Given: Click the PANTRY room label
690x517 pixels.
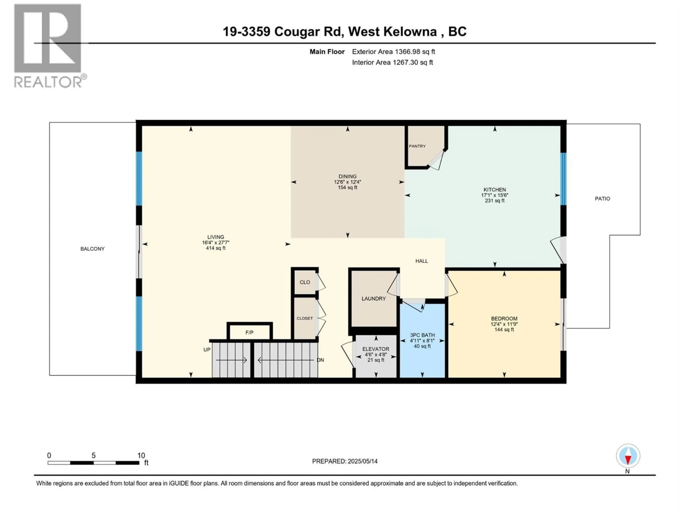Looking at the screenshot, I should pos(417,146).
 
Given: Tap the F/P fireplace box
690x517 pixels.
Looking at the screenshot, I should pos(249,332).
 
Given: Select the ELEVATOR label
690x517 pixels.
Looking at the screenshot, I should pos(376,349).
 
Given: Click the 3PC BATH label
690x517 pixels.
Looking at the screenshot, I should pos(422,335).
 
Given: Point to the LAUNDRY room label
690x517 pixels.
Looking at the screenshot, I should pos(373,299).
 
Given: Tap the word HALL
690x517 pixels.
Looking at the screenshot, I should pos(421,261).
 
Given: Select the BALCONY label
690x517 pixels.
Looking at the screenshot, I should pos(92,249).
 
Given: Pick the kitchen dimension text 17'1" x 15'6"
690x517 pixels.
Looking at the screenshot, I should pos(494,195).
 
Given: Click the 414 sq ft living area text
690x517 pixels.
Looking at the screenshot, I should pos(216,248).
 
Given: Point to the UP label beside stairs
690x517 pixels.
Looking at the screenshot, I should pos(207,350).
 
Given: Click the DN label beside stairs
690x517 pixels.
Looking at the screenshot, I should pos(320,360).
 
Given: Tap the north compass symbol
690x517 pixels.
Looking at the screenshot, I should pos(628,456).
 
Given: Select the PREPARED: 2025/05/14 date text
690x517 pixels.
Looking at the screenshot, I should pos(345,461).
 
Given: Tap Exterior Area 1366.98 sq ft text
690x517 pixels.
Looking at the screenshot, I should pos(393,52).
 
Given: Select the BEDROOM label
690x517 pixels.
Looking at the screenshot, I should pos(504,318).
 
